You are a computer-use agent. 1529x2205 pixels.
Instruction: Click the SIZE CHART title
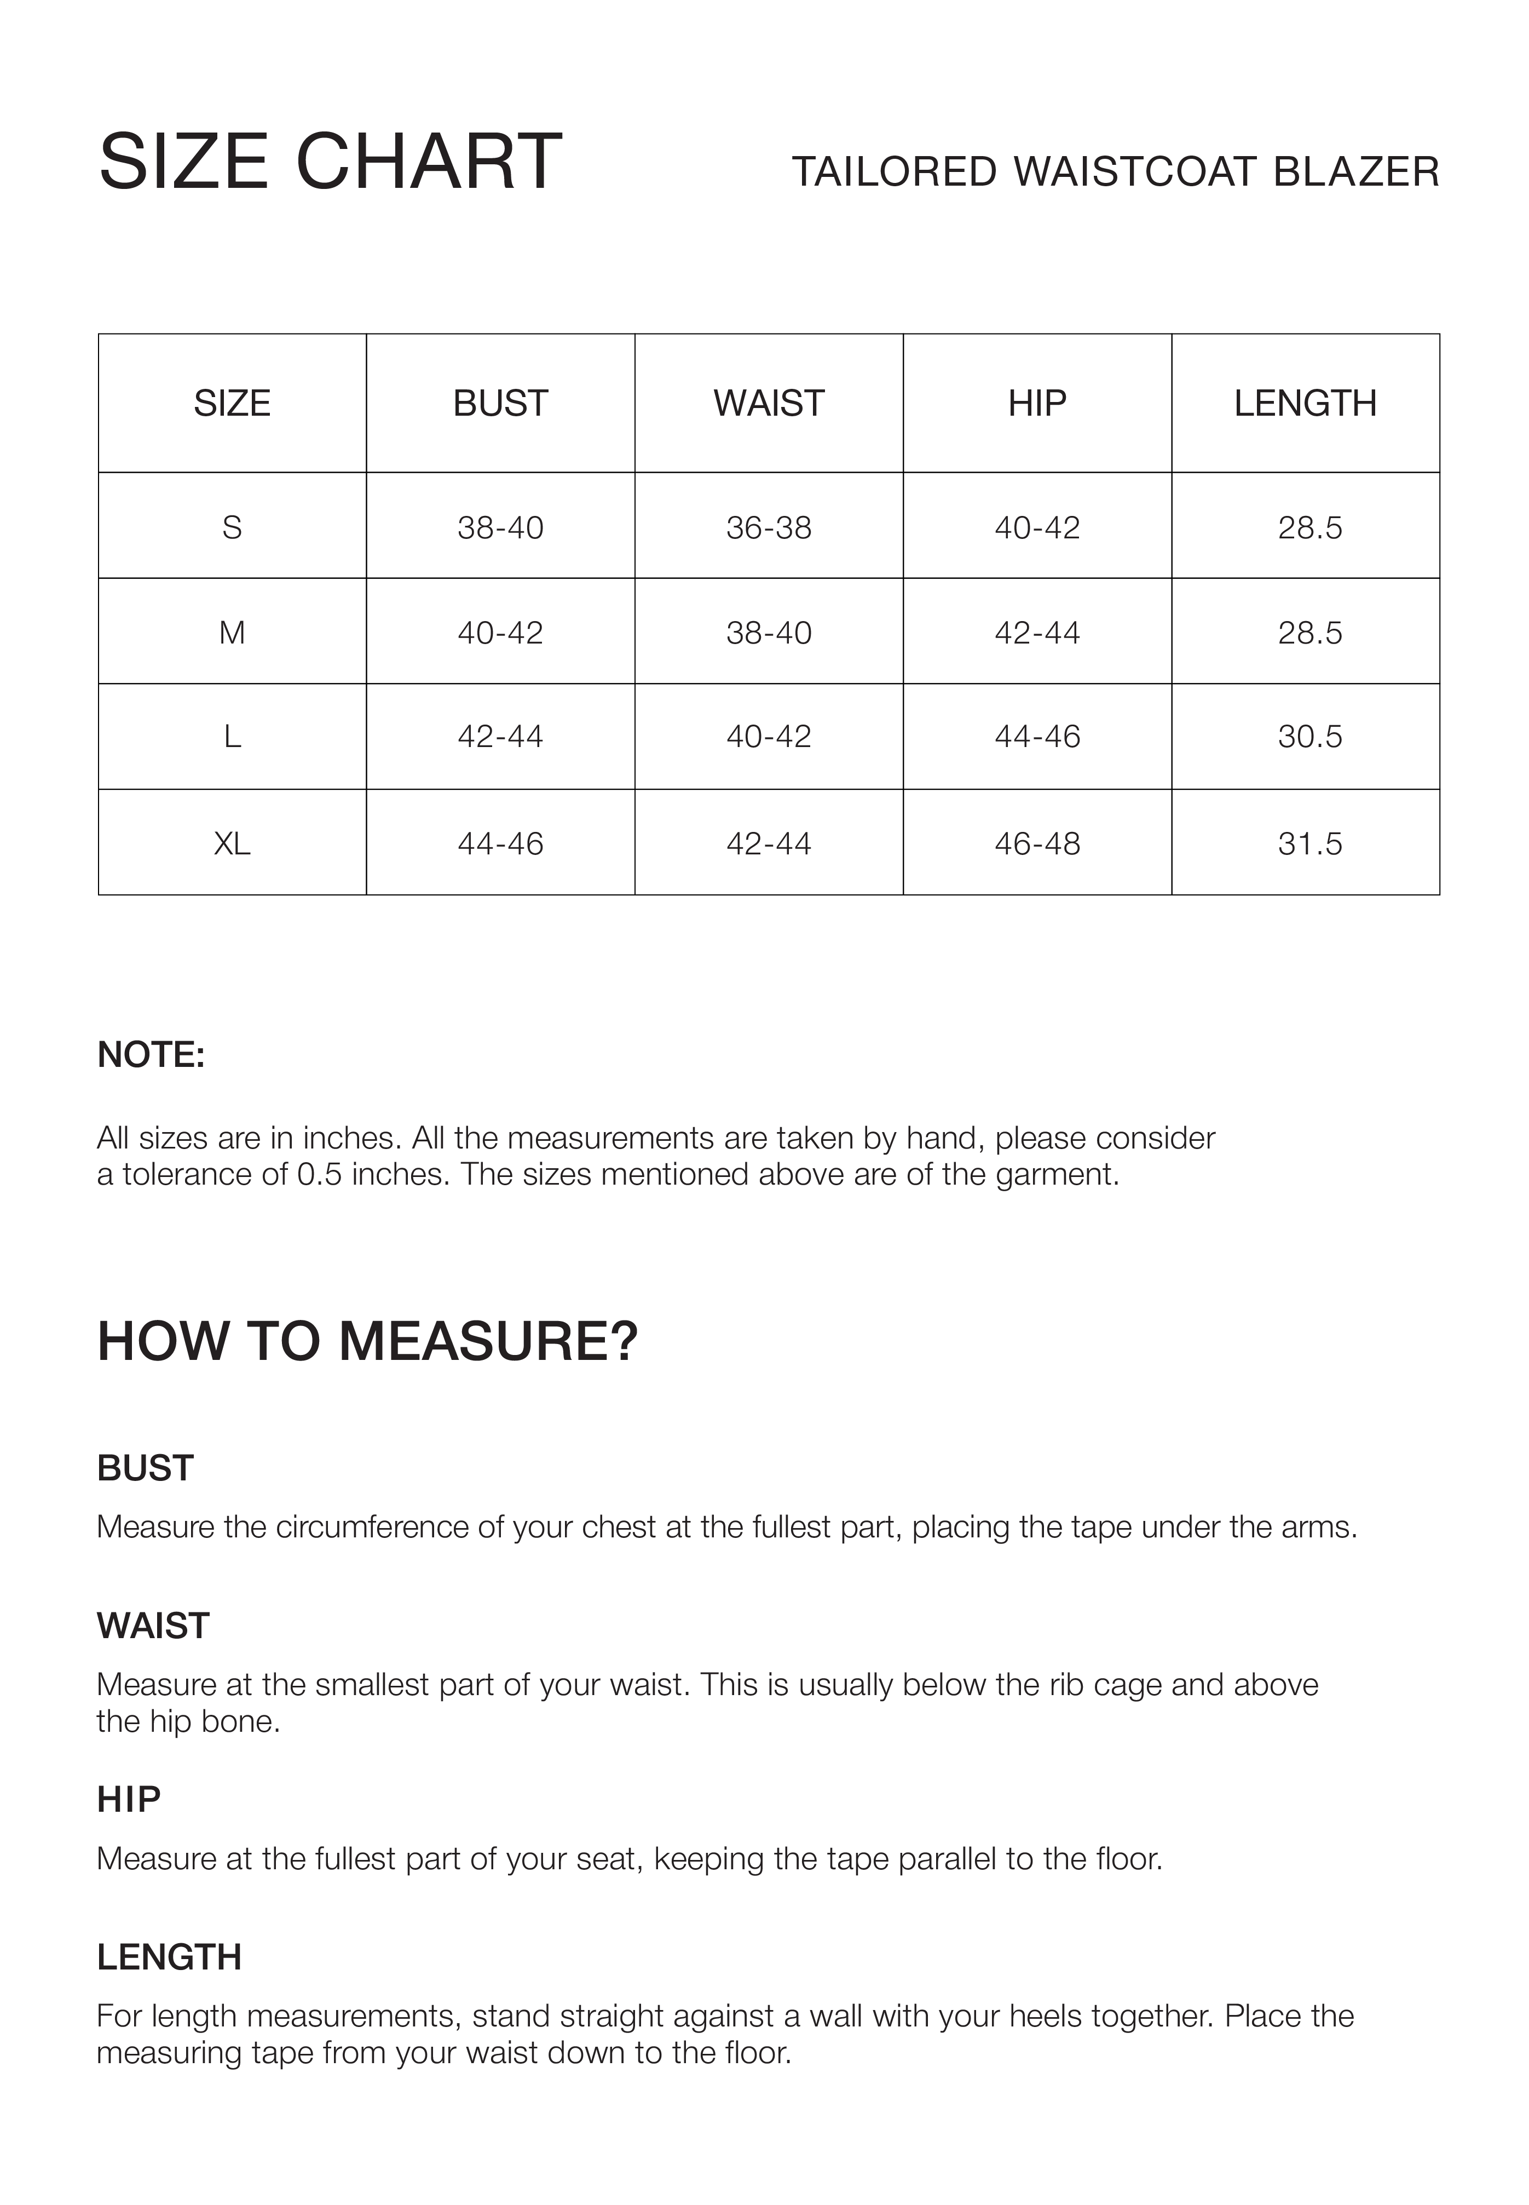331,162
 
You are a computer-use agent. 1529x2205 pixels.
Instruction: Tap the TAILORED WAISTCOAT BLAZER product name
1115,173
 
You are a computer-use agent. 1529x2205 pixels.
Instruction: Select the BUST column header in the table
500,404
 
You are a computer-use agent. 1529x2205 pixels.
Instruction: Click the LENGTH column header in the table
1305,404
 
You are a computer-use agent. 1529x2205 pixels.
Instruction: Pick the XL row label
232,843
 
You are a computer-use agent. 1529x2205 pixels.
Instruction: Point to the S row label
232,527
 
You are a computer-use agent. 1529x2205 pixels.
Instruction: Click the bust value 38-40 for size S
500,527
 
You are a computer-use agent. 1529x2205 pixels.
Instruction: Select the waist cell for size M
769,633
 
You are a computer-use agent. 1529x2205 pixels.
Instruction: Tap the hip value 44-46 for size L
1037,736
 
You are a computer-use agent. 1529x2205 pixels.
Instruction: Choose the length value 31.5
1309,843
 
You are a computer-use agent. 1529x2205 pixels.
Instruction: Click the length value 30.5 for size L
1309,736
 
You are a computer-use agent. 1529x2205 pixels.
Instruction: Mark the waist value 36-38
769,527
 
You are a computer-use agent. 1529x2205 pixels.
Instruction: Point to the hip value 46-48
1037,843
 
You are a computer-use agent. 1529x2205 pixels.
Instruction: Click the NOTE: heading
151,1054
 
